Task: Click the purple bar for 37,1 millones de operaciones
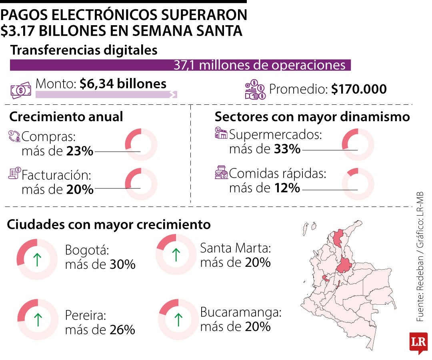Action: click(180, 65)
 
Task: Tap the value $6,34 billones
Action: click(123, 84)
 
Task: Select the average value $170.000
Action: click(359, 89)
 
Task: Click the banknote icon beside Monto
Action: click(20, 90)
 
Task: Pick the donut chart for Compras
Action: click(141, 144)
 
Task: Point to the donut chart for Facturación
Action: click(141, 184)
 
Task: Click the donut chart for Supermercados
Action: click(358, 144)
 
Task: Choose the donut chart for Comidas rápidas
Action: click(358, 184)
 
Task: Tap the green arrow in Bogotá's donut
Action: click(37, 259)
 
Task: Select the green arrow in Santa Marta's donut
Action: click(176, 254)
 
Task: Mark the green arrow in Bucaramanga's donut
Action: click(178, 319)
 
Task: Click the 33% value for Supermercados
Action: click(287, 149)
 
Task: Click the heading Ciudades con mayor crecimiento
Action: click(109, 225)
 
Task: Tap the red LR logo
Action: click(418, 342)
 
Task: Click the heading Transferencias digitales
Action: click(83, 50)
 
